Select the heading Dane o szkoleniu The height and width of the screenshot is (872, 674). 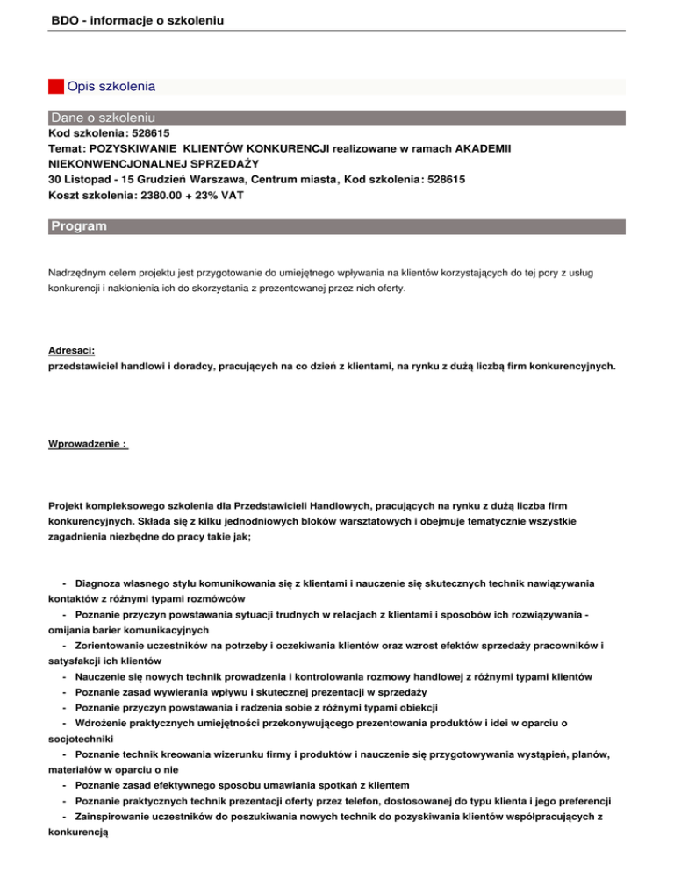coord(104,117)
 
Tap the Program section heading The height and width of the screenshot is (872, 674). coord(79,226)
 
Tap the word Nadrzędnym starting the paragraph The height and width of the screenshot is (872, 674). coord(77,273)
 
